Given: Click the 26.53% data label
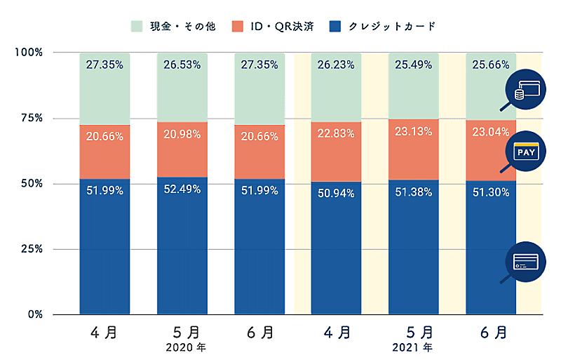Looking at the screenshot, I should tap(182, 65).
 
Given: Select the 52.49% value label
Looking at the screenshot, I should tap(182, 190).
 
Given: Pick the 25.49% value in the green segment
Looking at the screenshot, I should tap(413, 65).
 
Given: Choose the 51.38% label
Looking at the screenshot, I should tap(413, 192).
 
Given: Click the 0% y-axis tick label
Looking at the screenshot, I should tap(34, 314).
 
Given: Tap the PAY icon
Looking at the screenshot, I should tap(526, 152).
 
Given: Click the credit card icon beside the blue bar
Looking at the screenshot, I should tap(526, 262).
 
